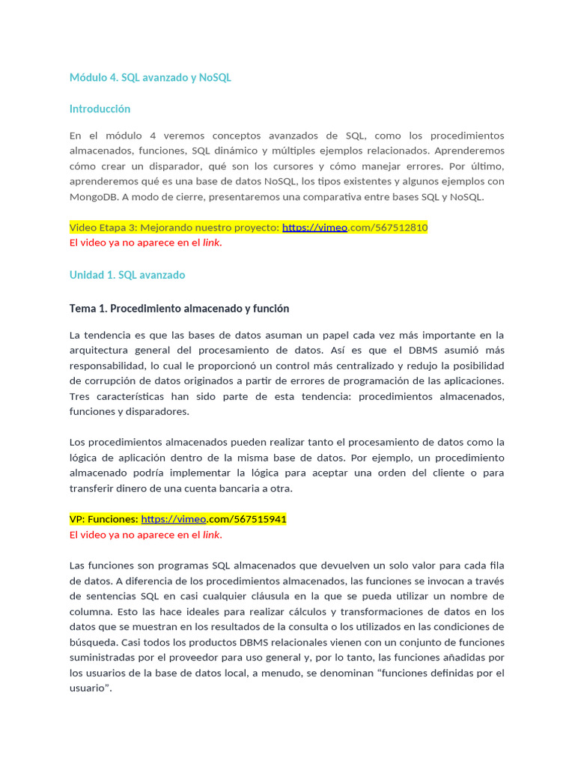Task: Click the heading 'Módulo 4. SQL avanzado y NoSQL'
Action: pos(150,77)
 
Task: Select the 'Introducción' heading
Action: pos(100,109)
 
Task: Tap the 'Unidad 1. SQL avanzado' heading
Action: pos(127,275)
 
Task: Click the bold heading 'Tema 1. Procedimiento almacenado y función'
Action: pos(179,309)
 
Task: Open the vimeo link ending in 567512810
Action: pos(354,227)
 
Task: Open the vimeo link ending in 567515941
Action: pos(213,519)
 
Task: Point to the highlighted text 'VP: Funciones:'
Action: pos(103,519)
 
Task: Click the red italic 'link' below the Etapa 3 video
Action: pos(212,243)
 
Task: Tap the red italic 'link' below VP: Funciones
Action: pos(212,535)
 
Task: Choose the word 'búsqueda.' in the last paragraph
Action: pos(94,642)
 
